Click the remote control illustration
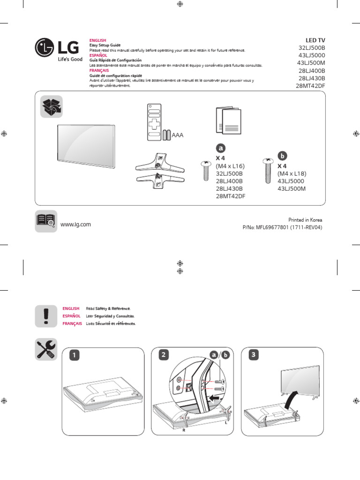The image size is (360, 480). coord(153,121)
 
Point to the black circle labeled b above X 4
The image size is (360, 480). coord(282,155)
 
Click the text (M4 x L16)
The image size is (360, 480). coord(230,166)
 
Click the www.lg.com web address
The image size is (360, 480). coord(75,225)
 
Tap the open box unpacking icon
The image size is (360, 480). coord(50,106)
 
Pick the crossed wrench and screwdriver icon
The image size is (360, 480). coord(46,350)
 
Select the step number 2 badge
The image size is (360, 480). coord(163,355)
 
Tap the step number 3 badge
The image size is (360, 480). coord(253,355)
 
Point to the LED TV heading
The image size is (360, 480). coord(315,40)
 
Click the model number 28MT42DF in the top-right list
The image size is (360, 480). coord(310,86)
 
